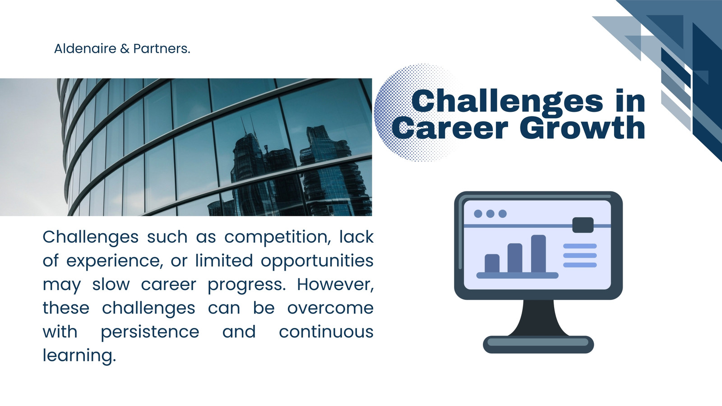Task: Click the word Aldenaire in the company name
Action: pos(85,49)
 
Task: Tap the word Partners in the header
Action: pos(162,49)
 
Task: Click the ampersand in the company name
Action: pos(125,49)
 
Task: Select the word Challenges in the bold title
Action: pos(507,101)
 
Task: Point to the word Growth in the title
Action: pos(583,128)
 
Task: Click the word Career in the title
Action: pos(450,128)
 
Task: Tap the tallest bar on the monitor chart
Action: pos(538,254)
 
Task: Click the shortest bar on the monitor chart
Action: pos(492,263)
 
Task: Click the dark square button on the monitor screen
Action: pos(583,225)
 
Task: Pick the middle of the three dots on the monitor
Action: pos(490,214)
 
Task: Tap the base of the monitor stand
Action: pos(538,345)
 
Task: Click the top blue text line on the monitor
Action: pos(580,246)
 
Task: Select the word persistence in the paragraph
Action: pos(150,332)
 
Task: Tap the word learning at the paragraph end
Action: pos(79,356)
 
